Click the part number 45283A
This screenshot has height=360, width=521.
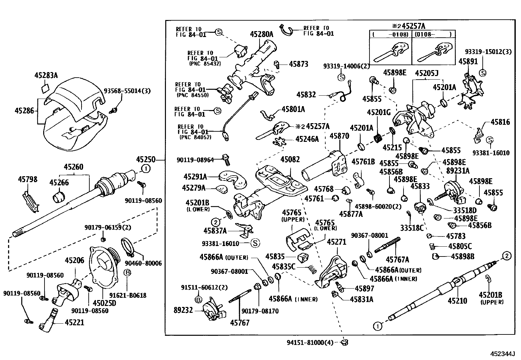[46, 75]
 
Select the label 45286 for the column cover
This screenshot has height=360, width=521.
[24, 110]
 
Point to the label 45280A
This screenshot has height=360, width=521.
[261, 34]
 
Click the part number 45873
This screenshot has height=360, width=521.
[298, 64]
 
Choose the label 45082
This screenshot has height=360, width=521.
[290, 160]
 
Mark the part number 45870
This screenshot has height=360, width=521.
[339, 136]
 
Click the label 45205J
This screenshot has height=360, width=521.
[426, 73]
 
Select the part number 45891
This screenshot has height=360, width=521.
[468, 62]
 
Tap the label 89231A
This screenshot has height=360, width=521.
[458, 171]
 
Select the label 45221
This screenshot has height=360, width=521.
[74, 323]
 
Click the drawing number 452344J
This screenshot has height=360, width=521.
[502, 354]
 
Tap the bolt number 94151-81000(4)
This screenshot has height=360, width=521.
[310, 343]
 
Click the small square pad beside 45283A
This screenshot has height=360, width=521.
[45, 88]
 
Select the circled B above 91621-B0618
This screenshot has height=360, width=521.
[127, 272]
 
